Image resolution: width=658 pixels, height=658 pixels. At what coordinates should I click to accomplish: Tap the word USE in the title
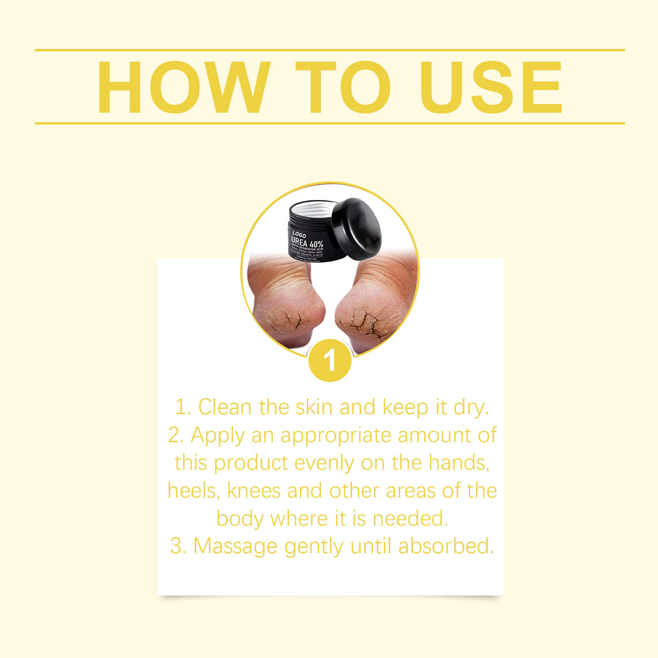[x=490, y=87]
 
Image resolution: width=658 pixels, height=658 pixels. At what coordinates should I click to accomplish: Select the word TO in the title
[x=343, y=87]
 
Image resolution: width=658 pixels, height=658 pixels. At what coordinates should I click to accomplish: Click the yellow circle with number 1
[x=330, y=361]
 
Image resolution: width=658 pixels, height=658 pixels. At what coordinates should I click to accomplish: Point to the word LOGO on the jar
[x=299, y=234]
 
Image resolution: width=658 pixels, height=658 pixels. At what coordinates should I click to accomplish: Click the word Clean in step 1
[x=225, y=407]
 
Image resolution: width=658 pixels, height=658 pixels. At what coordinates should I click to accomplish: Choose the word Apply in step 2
[x=218, y=435]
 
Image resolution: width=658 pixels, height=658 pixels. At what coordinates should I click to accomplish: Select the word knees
[x=254, y=491]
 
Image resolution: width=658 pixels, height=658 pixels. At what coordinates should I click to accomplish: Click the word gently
[x=314, y=546]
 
